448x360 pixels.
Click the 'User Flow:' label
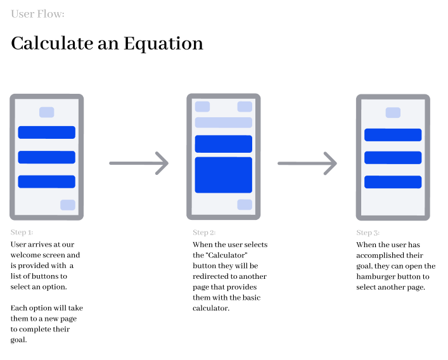38,14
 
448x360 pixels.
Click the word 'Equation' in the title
163,44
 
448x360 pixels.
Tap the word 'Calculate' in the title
52,44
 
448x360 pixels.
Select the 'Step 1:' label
22,232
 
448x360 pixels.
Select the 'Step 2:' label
204,233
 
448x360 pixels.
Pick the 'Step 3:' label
368,233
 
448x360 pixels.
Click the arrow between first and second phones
139,163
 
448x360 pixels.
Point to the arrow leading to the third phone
307,163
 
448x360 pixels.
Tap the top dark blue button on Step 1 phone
46,132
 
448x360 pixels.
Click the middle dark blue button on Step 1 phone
46,157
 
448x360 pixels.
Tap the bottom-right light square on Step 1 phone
68,205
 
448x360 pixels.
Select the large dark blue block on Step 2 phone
224,175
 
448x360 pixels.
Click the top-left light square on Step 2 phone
202,106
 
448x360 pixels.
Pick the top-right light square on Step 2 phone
245,106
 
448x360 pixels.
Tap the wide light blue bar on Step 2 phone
224,122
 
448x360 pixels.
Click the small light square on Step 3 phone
393,113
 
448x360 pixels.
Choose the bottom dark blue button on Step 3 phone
393,182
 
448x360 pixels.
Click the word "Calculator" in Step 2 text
226,255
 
